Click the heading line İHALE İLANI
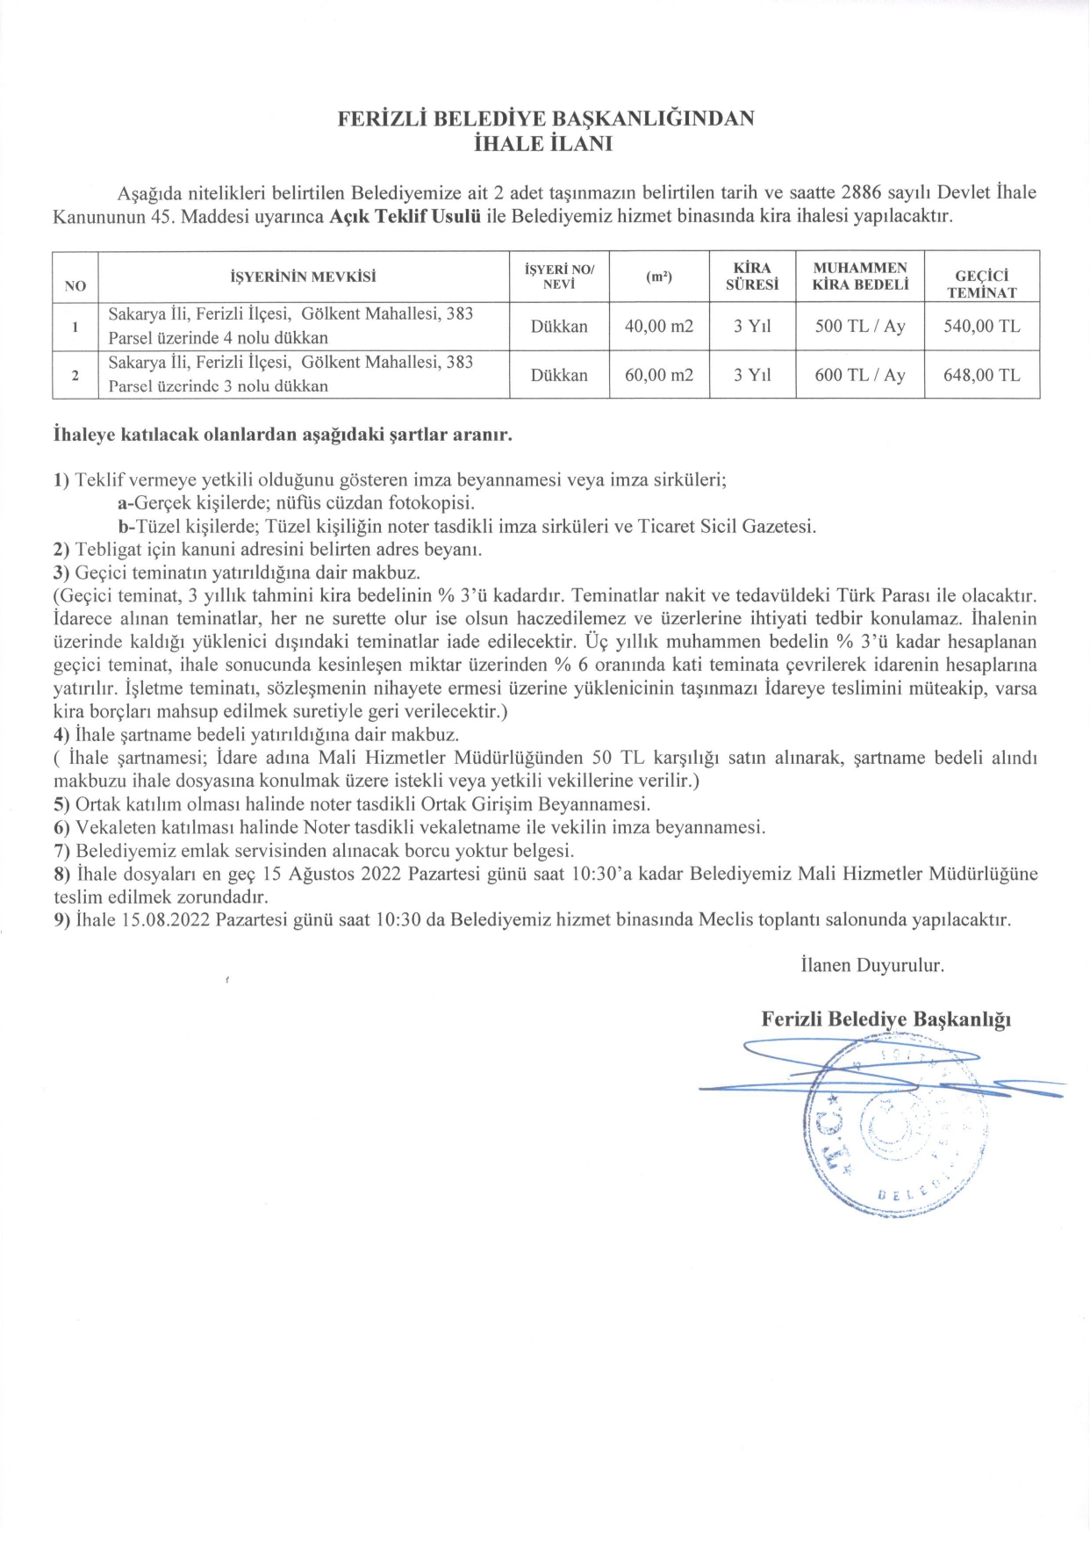(x=543, y=145)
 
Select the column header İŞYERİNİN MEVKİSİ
(x=303, y=277)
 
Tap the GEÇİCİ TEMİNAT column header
(x=982, y=284)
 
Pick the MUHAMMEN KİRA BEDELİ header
(x=860, y=276)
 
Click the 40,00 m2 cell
(x=659, y=327)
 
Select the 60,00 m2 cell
(x=659, y=376)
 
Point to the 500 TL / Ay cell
(x=860, y=327)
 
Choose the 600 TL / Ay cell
(x=860, y=376)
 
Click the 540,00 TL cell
(x=982, y=327)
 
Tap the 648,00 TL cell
(x=982, y=376)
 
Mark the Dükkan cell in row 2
(x=559, y=376)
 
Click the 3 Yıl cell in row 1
(x=752, y=327)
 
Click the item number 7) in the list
(x=61, y=851)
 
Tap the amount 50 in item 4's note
(x=603, y=758)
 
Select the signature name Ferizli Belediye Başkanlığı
(x=886, y=1019)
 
